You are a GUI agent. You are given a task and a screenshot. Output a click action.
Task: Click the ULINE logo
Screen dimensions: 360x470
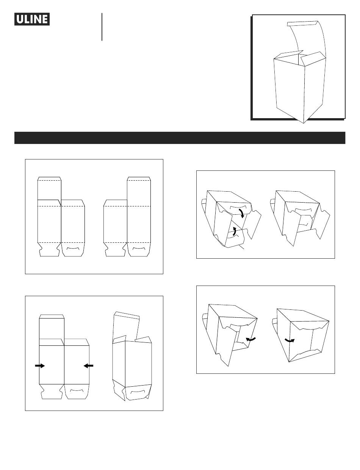pos(32,19)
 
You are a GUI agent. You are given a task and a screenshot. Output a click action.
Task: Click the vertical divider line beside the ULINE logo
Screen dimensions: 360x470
pos(102,27)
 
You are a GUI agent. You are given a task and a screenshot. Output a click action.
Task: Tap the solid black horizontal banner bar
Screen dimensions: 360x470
pos(180,137)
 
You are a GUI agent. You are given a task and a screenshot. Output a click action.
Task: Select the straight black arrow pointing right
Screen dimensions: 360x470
pos(40,366)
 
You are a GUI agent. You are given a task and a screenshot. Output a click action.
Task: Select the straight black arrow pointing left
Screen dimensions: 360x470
pos(88,366)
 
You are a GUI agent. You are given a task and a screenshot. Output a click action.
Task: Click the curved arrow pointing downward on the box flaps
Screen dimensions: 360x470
pos(242,213)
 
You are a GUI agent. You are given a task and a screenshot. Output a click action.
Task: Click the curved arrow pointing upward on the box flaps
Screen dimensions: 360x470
pos(234,231)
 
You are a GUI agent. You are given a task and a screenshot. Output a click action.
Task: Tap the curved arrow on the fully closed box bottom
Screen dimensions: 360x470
pos(290,340)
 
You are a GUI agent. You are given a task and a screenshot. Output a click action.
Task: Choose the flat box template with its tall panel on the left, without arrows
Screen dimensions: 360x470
pos(61,217)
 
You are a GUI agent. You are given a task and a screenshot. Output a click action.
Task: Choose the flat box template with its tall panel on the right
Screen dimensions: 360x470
pos(127,217)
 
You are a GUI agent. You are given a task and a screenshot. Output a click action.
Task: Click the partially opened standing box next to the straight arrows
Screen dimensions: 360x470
pos(132,356)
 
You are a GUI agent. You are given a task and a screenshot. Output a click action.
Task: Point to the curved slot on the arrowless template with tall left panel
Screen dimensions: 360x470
pos(73,248)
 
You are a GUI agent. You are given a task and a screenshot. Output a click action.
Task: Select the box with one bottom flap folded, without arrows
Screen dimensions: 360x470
pos(300,219)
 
